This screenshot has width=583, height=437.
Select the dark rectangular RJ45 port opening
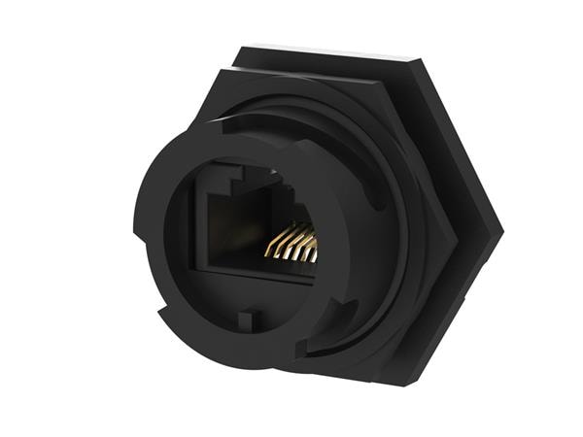243,228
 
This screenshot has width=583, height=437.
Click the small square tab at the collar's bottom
248,319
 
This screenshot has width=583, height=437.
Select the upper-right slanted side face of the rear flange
462,141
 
